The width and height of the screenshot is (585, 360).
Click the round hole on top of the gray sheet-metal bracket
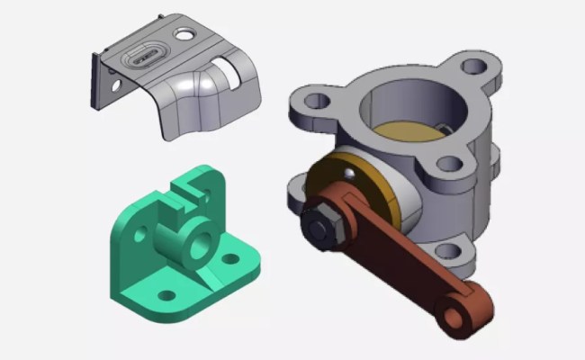tap(184, 35)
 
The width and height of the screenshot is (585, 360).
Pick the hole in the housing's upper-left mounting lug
tap(310, 101)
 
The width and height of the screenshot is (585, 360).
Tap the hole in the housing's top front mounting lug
tap(447, 165)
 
